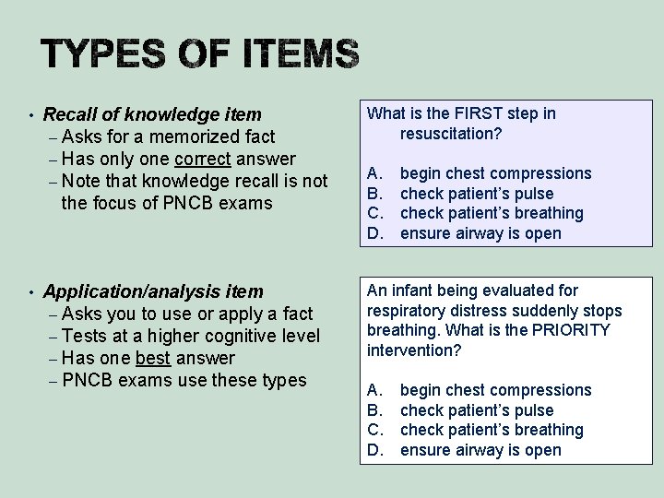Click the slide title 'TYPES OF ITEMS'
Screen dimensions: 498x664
pos(199,56)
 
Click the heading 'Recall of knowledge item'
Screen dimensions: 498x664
pos(152,115)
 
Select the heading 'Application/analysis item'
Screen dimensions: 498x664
pos(153,292)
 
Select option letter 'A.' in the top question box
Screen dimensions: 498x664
pos(374,173)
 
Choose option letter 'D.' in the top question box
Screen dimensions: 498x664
pos(374,233)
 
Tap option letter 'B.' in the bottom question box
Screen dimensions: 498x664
pos(374,410)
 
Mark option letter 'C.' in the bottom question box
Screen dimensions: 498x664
pos(374,430)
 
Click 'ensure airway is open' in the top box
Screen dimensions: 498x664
pos(480,233)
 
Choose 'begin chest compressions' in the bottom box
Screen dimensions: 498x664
pos(495,390)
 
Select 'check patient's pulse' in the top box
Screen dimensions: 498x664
pos(477,194)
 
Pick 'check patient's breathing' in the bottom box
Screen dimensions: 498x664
pos(492,430)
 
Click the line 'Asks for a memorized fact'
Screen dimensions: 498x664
pos(168,137)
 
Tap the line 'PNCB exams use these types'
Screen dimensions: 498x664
pos(184,380)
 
